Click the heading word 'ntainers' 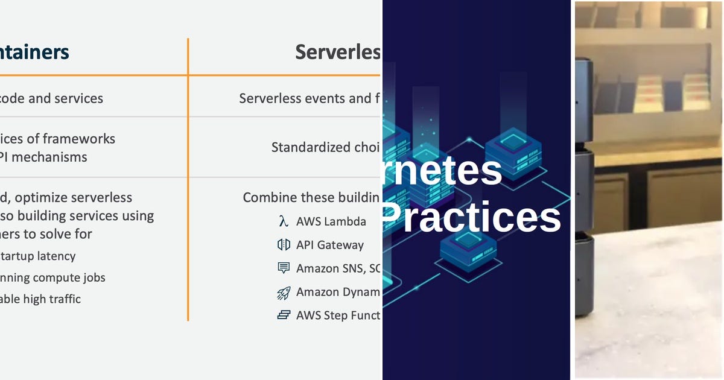(34, 52)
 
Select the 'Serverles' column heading (337, 52)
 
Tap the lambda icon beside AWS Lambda (283, 221)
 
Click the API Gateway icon (284, 245)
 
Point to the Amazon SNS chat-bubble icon (284, 268)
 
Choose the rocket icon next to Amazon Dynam (284, 293)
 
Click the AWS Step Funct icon (284, 315)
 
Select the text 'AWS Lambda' (331, 221)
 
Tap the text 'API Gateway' (329, 245)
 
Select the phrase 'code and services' (51, 98)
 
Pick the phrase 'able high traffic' (40, 299)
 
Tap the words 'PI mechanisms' (43, 157)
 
